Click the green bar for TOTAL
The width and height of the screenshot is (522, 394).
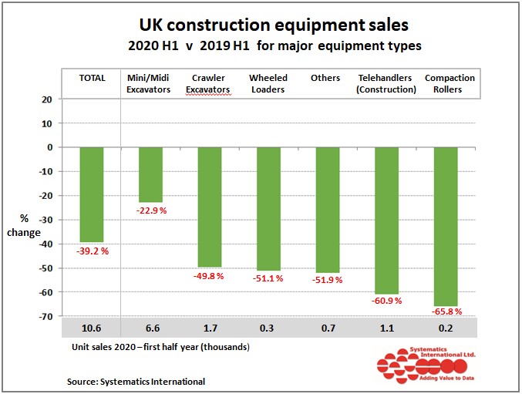91,194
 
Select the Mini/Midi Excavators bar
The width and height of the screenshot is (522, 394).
150,174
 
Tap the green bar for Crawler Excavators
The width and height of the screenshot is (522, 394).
209,207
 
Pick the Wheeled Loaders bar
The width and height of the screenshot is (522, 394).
268,208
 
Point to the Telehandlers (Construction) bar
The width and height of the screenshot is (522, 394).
386,221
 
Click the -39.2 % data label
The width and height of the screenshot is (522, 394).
92,251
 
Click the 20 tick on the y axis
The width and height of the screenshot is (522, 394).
47,99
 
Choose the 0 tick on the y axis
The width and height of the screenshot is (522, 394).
49,147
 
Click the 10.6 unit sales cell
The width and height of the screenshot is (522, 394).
91,330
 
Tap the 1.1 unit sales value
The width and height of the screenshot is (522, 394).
386,330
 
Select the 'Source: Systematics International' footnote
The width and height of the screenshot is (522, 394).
137,381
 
